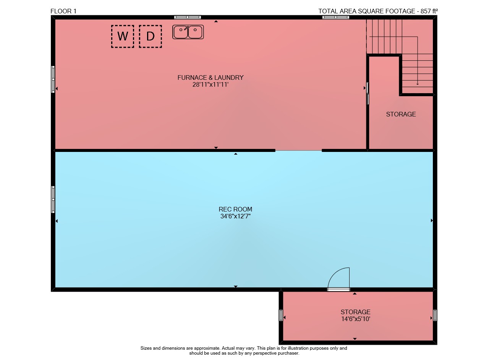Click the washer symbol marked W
(x=123, y=36)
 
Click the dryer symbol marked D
(x=151, y=36)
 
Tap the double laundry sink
(x=188, y=32)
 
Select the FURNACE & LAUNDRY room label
(x=210, y=77)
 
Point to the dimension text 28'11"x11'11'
(x=210, y=84)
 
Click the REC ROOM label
(x=235, y=209)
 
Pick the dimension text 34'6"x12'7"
(x=235, y=216)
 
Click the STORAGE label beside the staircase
(x=401, y=114)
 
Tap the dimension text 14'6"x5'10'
(x=355, y=319)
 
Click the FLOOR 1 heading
(x=63, y=11)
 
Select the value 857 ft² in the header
(x=429, y=11)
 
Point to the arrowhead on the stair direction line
(x=418, y=84)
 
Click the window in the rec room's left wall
(x=53, y=199)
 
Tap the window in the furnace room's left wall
(x=53, y=79)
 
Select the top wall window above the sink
(x=188, y=17)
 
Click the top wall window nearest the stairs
(x=336, y=17)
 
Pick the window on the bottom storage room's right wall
(x=435, y=315)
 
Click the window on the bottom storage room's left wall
(x=281, y=315)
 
